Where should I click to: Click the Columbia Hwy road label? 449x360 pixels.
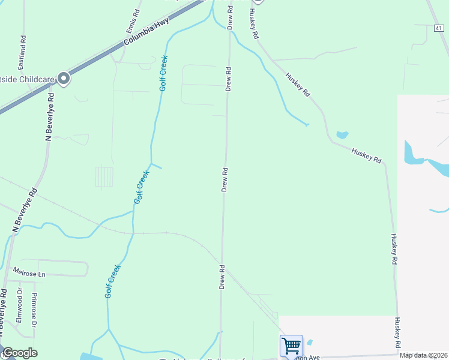pyautogui.click(x=146, y=32)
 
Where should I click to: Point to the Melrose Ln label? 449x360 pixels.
pyautogui.click(x=29, y=273)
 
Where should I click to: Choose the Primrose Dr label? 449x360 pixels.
pyautogui.click(x=35, y=310)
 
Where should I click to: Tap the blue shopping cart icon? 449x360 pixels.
pyautogui.click(x=291, y=346)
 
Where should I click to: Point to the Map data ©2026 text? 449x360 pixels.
pyautogui.click(x=424, y=355)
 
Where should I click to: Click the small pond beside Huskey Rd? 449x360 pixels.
pyautogui.click(x=342, y=135)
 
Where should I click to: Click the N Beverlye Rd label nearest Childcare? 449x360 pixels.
pyautogui.click(x=50, y=117)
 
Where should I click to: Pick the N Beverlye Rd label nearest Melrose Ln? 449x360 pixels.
pyautogui.click(x=25, y=210)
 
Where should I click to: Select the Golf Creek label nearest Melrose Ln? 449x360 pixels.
pyautogui.click(x=113, y=281)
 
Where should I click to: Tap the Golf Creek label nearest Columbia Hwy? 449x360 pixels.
pyautogui.click(x=163, y=73)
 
